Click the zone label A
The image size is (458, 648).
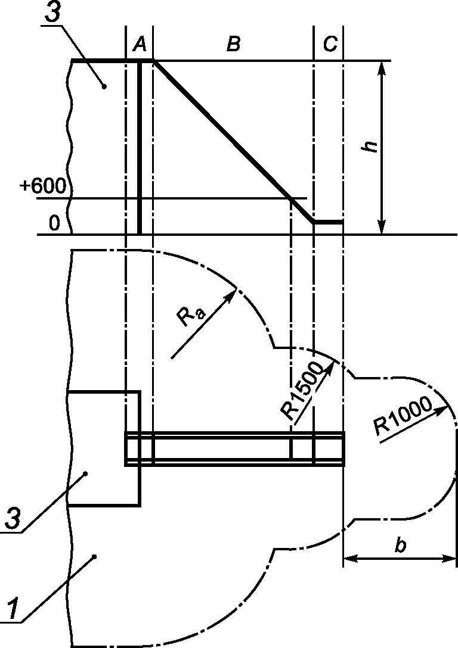click(140, 44)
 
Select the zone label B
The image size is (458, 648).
click(234, 44)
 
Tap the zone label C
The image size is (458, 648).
click(330, 44)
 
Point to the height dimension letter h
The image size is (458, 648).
click(369, 147)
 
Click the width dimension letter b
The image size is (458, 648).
click(400, 544)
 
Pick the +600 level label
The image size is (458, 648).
click(42, 186)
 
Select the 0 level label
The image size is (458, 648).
click(54, 223)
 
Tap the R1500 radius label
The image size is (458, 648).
click(302, 391)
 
